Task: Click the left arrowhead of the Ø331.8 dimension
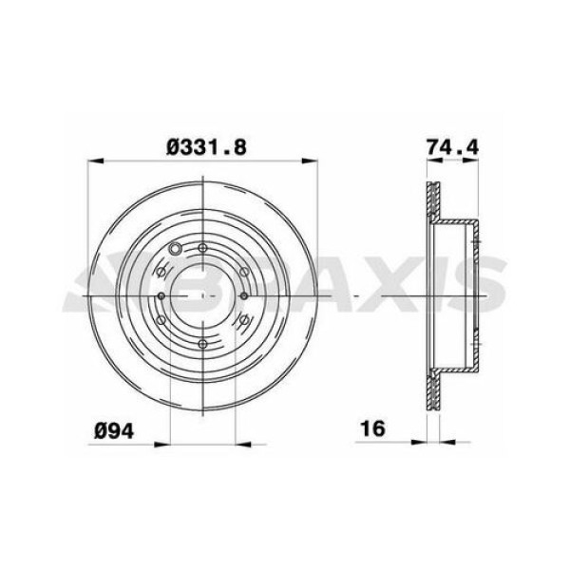click(94, 162)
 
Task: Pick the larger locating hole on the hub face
click(175, 252)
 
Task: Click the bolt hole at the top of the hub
click(202, 250)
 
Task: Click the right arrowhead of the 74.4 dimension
click(475, 162)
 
